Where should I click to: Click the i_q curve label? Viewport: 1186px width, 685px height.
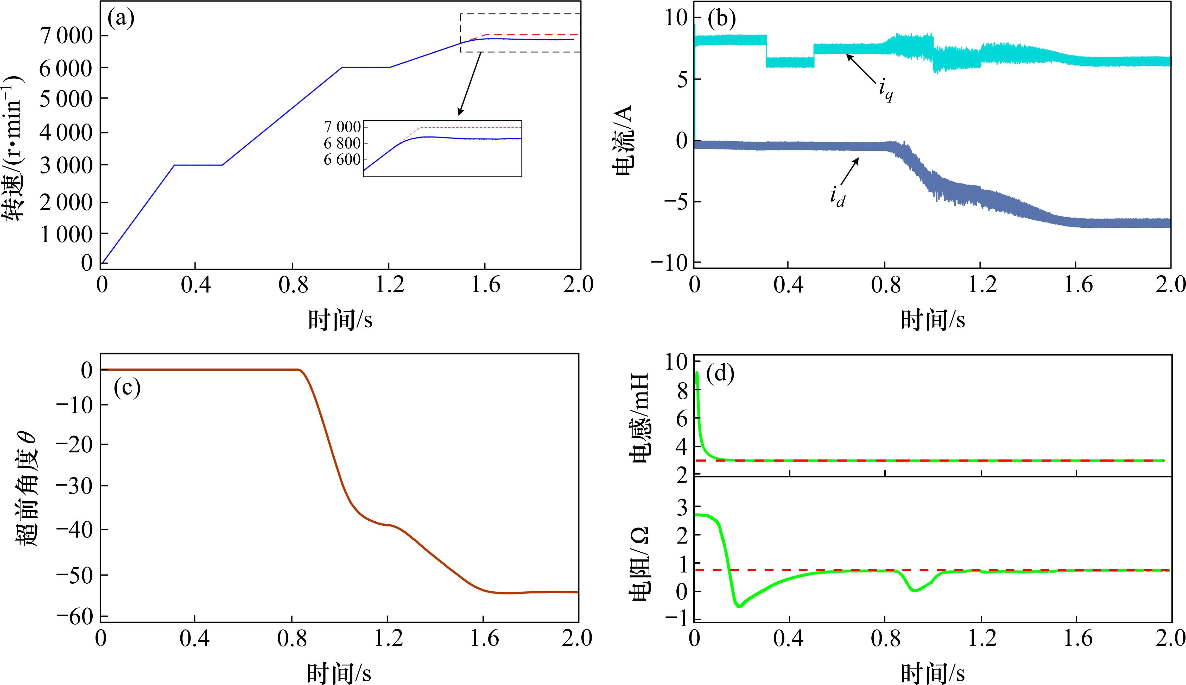886,90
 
